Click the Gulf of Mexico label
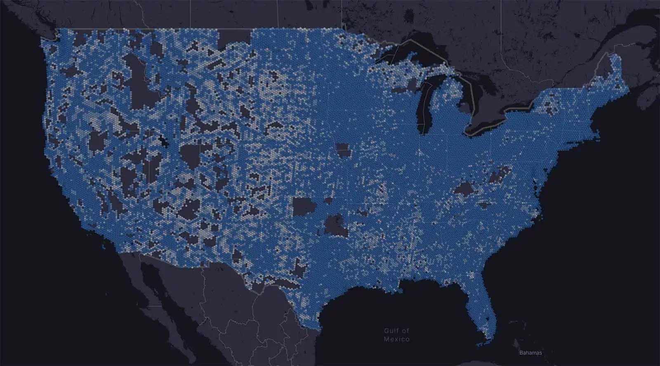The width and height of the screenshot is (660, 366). click(396, 335)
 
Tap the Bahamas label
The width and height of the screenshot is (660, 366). click(530, 353)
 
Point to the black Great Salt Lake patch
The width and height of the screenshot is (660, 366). click(165, 142)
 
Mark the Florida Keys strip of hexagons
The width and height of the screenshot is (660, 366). click(483, 343)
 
